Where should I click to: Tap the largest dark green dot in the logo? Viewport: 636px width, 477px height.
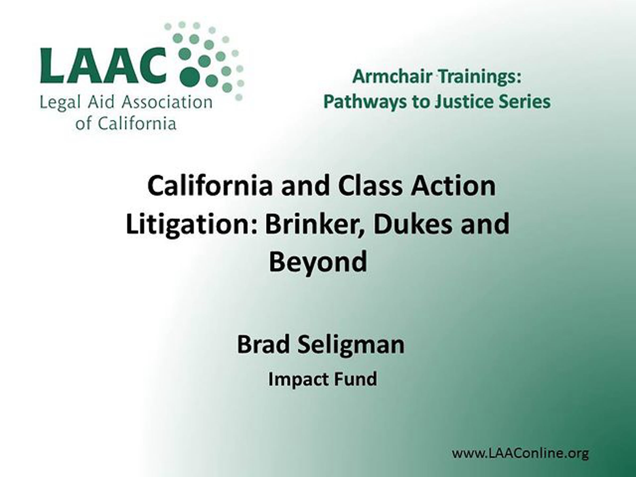[x=190, y=77]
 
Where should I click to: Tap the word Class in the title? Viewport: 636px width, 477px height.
[x=370, y=186]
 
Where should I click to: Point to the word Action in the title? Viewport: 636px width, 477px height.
[x=453, y=186]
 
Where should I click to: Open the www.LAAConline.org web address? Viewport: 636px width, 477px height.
[x=520, y=454]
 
